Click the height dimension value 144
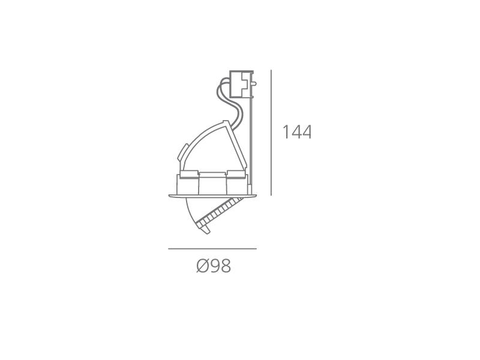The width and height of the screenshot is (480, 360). (x=296, y=132)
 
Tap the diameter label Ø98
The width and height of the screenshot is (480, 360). (x=214, y=266)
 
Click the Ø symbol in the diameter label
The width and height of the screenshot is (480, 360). (x=202, y=266)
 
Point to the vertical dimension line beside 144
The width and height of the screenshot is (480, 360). (x=271, y=133)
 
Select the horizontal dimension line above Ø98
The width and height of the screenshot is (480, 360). (x=212, y=248)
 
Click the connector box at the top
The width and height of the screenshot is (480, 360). (x=242, y=84)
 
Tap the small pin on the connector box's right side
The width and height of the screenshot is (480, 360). (x=254, y=83)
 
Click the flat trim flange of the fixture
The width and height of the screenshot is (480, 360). (x=212, y=196)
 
